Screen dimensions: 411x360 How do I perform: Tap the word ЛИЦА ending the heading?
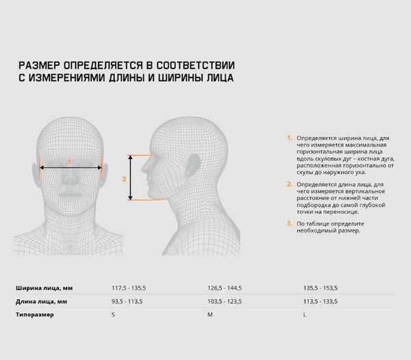coord(220,77)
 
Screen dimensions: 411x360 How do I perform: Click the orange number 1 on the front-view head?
coord(69,162)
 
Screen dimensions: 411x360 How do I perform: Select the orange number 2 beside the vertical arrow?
coord(124,179)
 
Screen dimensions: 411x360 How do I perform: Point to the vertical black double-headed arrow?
coord(130,178)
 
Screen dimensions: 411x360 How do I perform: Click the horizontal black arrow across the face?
coord(71,168)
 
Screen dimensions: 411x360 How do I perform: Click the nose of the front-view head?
coord(70,179)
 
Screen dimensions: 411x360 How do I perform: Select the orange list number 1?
coord(289,138)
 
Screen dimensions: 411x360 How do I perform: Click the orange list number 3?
coord(289,224)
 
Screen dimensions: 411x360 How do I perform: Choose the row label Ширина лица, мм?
coord(44,288)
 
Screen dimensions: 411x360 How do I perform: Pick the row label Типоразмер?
coord(35,314)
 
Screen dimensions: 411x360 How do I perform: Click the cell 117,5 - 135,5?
coord(129,288)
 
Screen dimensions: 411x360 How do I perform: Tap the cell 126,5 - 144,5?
coord(225,288)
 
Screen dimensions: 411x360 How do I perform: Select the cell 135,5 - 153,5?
coord(321,288)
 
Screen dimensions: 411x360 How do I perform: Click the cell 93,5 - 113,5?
coord(127,302)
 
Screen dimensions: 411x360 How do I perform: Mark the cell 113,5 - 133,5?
coord(321,302)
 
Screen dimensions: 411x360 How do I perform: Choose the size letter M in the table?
coord(210,314)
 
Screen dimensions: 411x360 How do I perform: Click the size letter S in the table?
coord(113,314)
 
